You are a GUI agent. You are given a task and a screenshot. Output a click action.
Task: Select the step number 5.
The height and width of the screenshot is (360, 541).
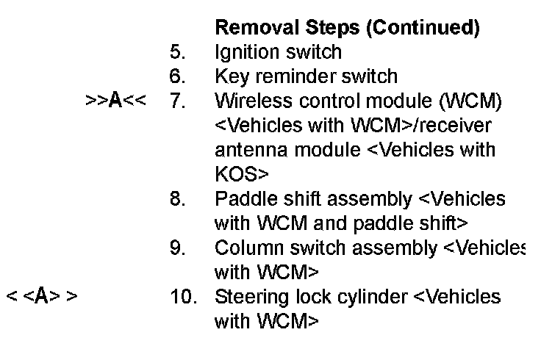178,52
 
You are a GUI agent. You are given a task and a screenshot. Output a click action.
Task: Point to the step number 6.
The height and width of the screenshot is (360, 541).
178,76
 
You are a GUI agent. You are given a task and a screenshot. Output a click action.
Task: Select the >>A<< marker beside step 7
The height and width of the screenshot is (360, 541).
115,101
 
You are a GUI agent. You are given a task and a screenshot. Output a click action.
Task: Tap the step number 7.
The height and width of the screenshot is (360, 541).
178,101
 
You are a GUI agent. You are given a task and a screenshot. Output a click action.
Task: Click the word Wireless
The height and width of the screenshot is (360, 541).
250,101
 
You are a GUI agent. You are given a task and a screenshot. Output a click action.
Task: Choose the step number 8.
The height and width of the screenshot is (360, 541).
178,199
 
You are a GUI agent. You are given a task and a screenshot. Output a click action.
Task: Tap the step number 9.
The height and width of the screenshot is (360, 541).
178,248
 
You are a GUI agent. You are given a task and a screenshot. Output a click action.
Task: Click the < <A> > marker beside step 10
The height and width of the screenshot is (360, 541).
42,297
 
